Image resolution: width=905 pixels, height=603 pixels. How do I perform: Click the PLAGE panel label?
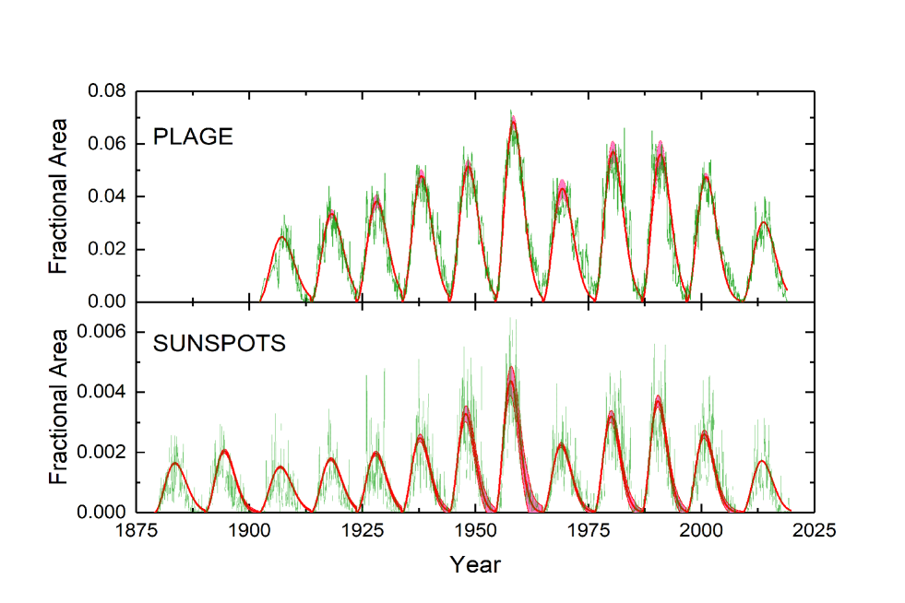(193, 138)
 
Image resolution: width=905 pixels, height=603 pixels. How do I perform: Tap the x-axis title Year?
(475, 564)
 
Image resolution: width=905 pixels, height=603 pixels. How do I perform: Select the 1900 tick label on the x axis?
(249, 531)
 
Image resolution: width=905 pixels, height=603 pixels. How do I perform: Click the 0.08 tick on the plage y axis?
(107, 92)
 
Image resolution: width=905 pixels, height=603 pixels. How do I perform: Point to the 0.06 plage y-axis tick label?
(107, 145)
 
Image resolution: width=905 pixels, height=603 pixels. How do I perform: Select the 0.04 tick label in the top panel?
(107, 197)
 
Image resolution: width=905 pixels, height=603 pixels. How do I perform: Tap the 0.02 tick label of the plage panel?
(107, 250)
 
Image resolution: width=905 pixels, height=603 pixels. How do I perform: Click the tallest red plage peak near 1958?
(513, 123)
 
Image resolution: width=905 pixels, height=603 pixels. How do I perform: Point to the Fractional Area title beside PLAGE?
(59, 196)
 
